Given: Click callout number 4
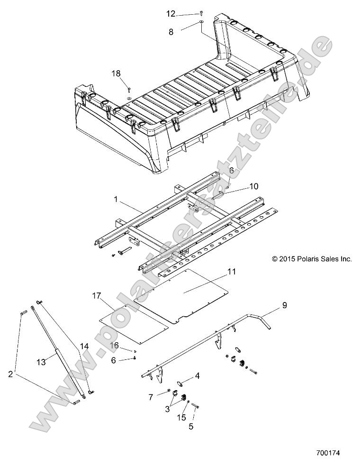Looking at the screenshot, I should tap(197, 376).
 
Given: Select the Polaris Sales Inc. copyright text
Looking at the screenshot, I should tap(312, 259).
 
